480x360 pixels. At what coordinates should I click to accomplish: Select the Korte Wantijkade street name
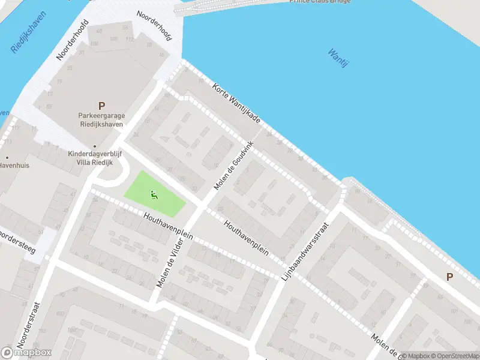[236, 103]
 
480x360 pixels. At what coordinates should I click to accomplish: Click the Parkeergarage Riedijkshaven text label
[100, 120]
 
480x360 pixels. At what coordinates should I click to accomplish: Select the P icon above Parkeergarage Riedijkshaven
[101, 106]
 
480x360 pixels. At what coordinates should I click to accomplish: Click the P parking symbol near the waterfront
[449, 277]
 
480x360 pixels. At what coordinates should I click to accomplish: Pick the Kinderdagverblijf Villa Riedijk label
[95, 158]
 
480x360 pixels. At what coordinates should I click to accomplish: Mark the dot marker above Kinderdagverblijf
[94, 146]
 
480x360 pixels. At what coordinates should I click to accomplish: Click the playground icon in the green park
[154, 194]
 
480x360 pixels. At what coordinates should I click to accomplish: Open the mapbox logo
[26, 353]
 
